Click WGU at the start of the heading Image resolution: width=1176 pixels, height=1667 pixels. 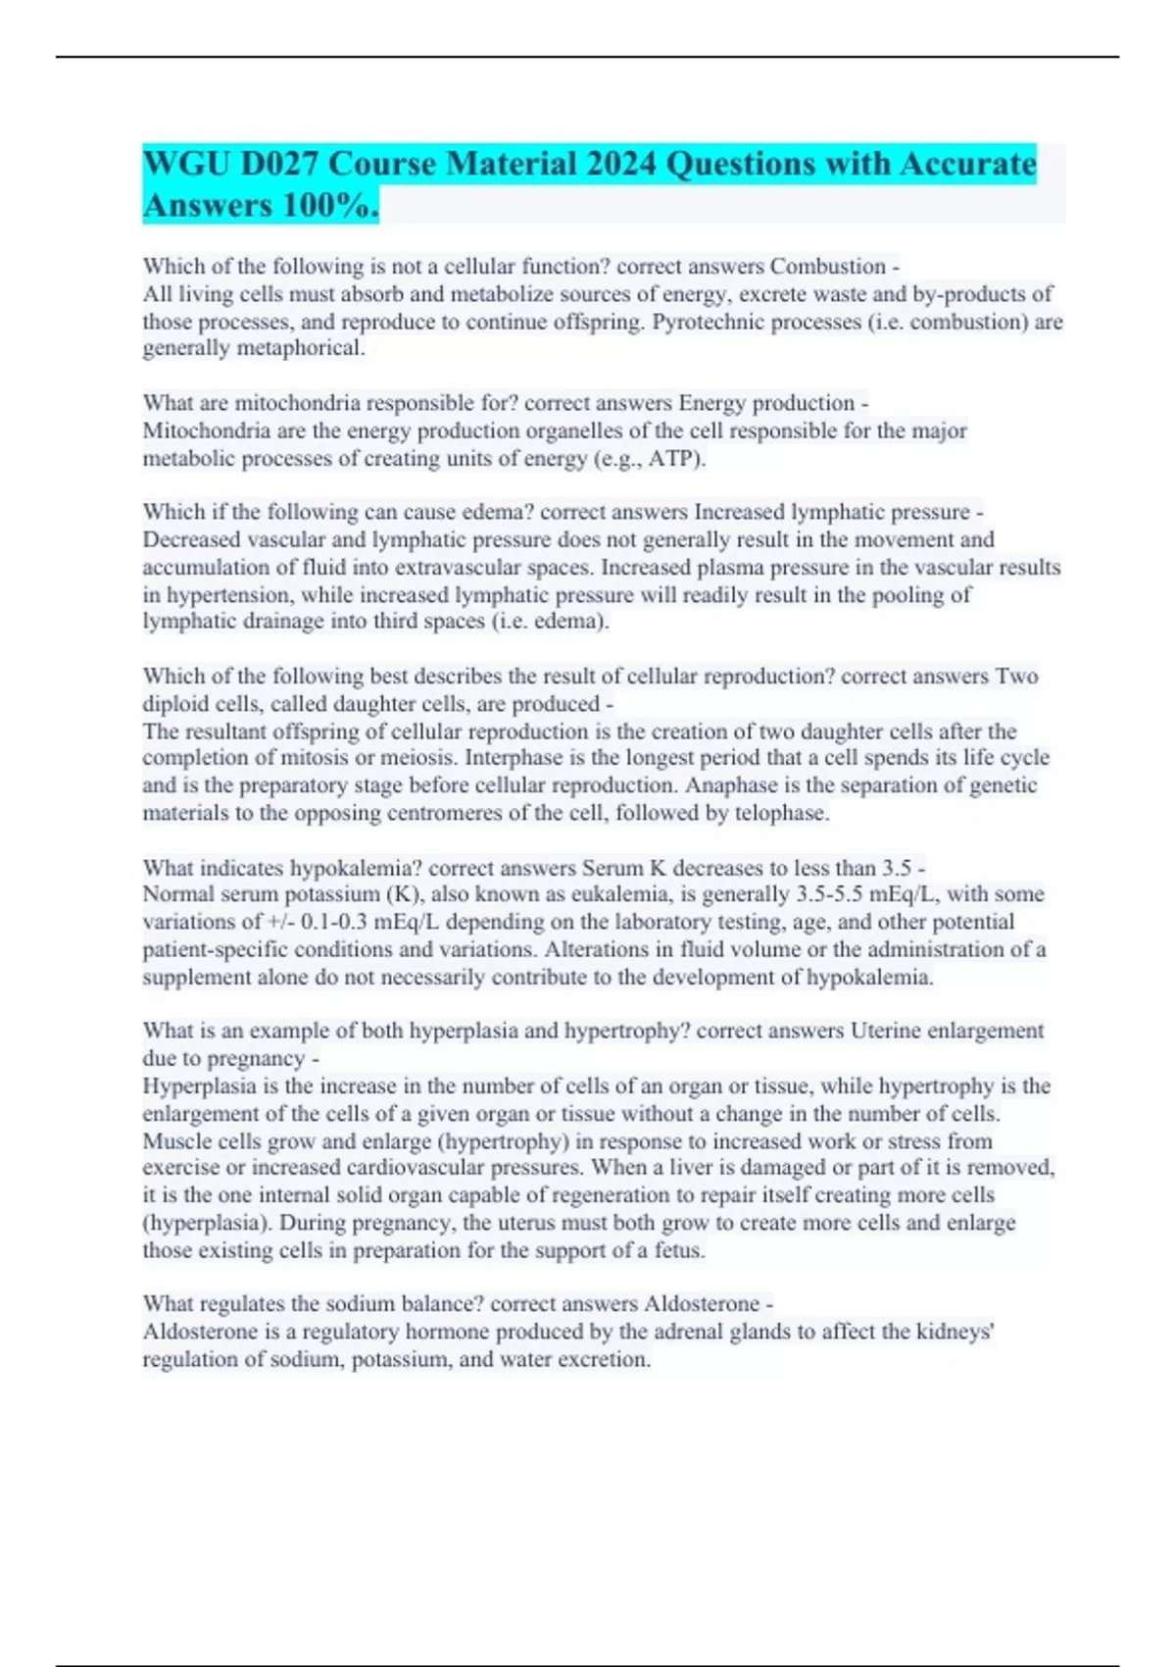coord(182,164)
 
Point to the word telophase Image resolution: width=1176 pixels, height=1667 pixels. coord(781,813)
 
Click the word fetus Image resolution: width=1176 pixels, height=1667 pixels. coord(678,1250)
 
